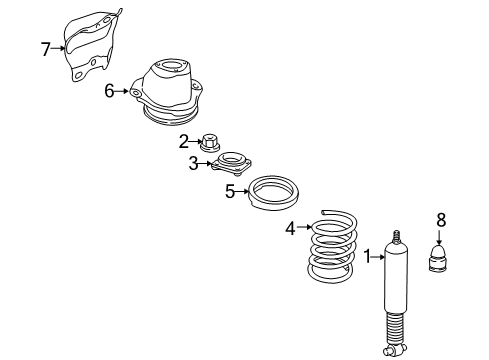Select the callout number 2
pos(184,141)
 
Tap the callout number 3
pos(193,163)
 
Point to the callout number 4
pos(291,229)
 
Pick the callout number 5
pos(229,191)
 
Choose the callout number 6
pos(109,91)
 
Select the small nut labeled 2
pos(211,143)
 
